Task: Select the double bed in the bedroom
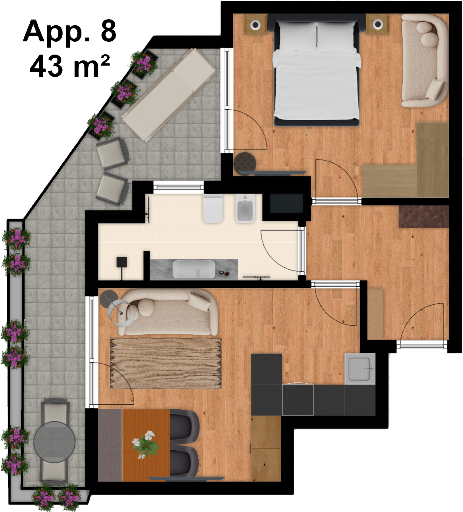317,70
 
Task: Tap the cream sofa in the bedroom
424,60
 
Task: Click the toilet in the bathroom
213,208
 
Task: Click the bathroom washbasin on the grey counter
194,269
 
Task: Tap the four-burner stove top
297,399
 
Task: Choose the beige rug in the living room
166,363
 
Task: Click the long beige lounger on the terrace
169,95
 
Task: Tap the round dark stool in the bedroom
245,163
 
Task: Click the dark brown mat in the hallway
424,216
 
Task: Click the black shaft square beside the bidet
286,203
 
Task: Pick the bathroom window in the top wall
178,187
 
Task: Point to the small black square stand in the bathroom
122,262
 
